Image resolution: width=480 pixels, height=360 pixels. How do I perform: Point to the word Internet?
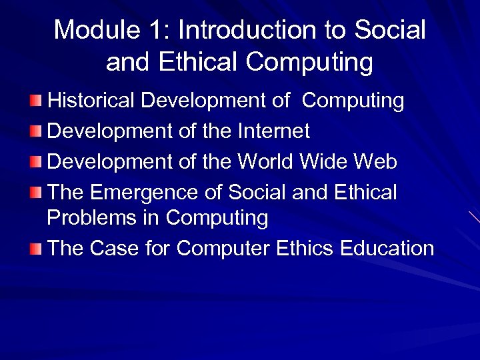pyautogui.click(x=273, y=131)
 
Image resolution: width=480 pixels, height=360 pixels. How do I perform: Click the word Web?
pyautogui.click(x=375, y=162)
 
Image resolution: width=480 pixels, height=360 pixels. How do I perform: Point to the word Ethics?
pyautogui.click(x=303, y=249)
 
